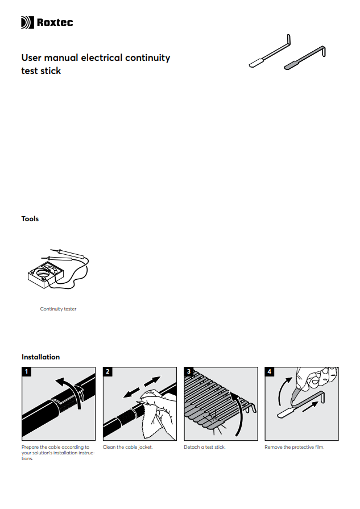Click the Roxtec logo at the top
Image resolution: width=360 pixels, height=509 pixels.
click(47, 23)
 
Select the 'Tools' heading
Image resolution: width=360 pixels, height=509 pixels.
click(30, 219)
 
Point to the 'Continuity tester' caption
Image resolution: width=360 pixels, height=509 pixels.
click(58, 309)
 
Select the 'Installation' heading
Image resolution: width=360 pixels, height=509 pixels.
click(40, 357)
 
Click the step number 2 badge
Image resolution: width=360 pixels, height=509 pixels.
click(108, 372)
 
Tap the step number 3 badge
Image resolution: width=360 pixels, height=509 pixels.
click(189, 372)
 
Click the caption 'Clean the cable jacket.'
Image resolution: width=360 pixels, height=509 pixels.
click(127, 448)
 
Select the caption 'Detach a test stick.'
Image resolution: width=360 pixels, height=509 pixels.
click(205, 448)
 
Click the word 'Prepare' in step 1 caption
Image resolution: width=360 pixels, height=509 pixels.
click(30, 448)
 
